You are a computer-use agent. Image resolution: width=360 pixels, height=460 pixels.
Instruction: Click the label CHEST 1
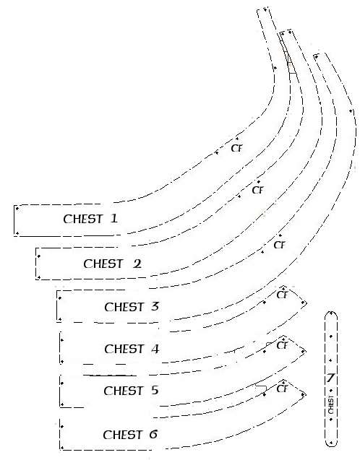coord(90,219)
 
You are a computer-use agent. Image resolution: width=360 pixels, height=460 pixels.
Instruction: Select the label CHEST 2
coord(112,264)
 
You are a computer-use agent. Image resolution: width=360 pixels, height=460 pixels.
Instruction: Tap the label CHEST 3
coord(132,307)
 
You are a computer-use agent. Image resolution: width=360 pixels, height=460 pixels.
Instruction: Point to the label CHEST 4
coord(132,349)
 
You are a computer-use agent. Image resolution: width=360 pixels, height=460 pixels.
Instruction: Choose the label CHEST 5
coord(131,391)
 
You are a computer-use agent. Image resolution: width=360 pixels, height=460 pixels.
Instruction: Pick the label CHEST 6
coord(130,435)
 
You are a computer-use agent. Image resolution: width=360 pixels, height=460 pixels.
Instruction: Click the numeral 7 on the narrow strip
coord(330,378)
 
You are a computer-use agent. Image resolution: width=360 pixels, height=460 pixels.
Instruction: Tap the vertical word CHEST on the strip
coord(331,405)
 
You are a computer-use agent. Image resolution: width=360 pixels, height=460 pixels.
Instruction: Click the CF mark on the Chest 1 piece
coord(236,148)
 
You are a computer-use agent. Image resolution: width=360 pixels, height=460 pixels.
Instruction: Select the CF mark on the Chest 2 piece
coord(257,190)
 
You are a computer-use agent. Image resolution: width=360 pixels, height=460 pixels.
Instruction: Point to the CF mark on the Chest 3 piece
coord(279,245)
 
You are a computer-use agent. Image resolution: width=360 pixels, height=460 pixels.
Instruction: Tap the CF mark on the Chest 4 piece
coord(282,295)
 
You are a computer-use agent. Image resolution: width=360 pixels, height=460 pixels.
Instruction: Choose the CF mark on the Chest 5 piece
coord(282,345)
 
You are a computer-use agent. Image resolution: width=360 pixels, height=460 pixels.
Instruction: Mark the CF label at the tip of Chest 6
coord(282,389)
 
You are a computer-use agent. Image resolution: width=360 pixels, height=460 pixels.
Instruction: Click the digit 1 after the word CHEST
coord(114,218)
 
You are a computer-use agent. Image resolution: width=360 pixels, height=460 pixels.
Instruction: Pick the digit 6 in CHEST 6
coord(153,434)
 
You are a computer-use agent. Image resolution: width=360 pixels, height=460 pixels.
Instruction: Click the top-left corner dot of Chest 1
coord(17,208)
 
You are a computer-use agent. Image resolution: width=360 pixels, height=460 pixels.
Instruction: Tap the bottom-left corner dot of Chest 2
coord(39,277)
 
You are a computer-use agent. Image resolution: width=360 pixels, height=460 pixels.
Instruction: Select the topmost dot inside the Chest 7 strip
coord(332,313)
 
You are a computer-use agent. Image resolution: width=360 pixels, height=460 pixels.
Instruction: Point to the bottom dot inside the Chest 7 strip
coord(331,443)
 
